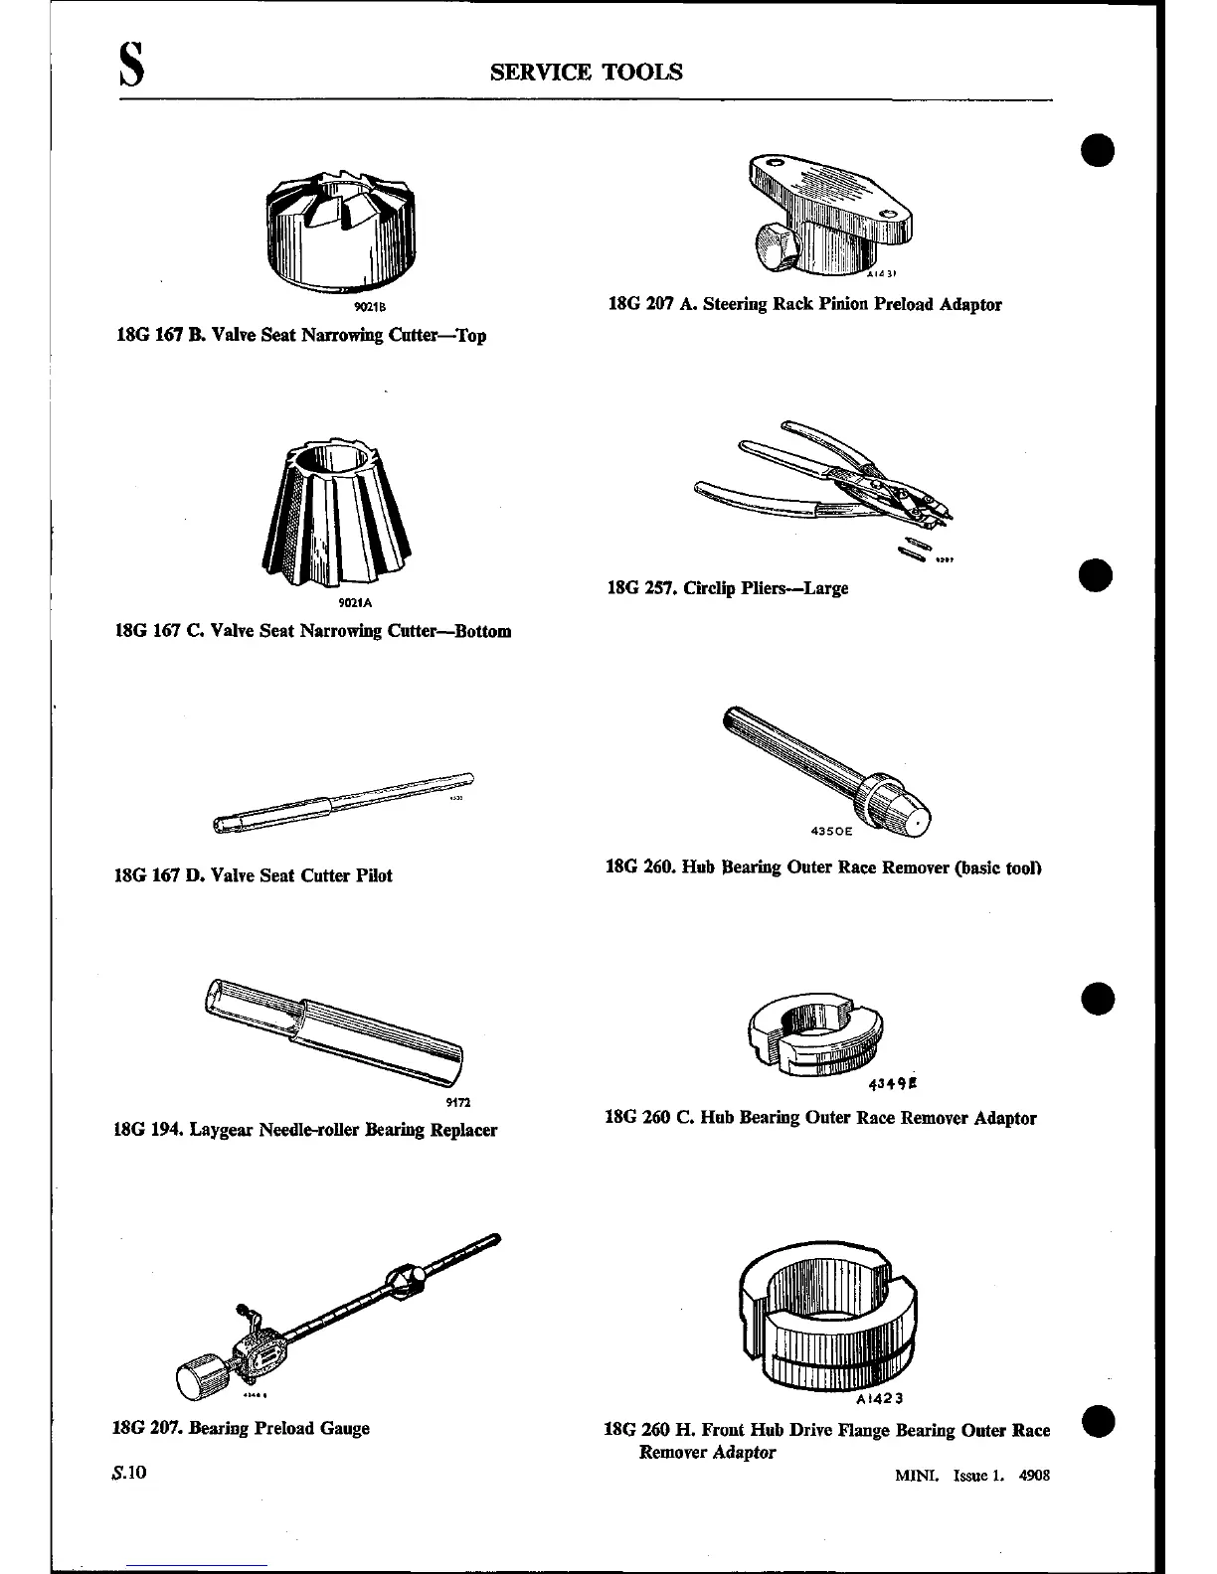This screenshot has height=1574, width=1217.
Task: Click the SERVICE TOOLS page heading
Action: tap(587, 72)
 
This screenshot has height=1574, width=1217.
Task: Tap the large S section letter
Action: tap(132, 72)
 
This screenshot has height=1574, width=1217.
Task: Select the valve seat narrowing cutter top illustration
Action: tap(341, 228)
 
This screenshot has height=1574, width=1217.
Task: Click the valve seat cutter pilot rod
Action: tap(343, 802)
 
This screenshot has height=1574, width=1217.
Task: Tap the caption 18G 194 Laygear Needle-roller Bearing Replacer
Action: tap(306, 1130)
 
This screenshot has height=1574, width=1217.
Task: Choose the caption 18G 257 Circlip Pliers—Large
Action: tap(728, 587)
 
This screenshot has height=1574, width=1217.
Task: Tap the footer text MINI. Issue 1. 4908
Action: tap(971, 1476)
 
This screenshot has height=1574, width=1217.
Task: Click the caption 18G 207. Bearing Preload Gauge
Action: tap(241, 1428)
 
